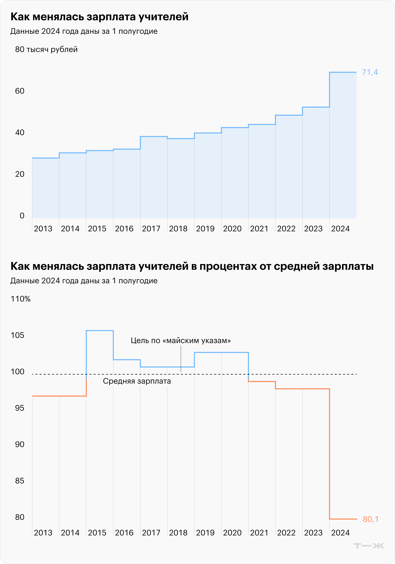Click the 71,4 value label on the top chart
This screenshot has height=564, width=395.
(370, 72)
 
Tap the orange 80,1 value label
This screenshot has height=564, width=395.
(371, 519)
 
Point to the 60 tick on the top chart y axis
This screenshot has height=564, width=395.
(20, 91)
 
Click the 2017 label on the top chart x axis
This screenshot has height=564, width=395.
(151, 229)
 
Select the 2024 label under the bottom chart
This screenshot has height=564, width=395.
(340, 533)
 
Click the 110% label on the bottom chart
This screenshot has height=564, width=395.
(21, 299)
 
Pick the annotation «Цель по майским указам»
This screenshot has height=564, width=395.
(181, 340)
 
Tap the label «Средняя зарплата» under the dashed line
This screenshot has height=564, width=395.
(137, 381)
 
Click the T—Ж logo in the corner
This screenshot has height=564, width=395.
(369, 546)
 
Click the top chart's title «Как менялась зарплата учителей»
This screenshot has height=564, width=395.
(100, 17)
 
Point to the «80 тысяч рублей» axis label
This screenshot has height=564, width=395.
(46, 49)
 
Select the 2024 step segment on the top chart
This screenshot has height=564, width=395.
(343, 72)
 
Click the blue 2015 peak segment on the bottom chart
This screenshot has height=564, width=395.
(100, 331)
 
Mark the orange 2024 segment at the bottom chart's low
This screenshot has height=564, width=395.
(343, 519)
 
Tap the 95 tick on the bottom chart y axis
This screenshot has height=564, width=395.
(20, 408)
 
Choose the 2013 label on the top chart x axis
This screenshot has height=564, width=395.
(43, 229)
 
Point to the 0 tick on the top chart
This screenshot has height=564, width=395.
(22, 216)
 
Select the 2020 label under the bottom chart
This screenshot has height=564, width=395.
(232, 533)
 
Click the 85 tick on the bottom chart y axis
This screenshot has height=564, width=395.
(20, 481)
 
